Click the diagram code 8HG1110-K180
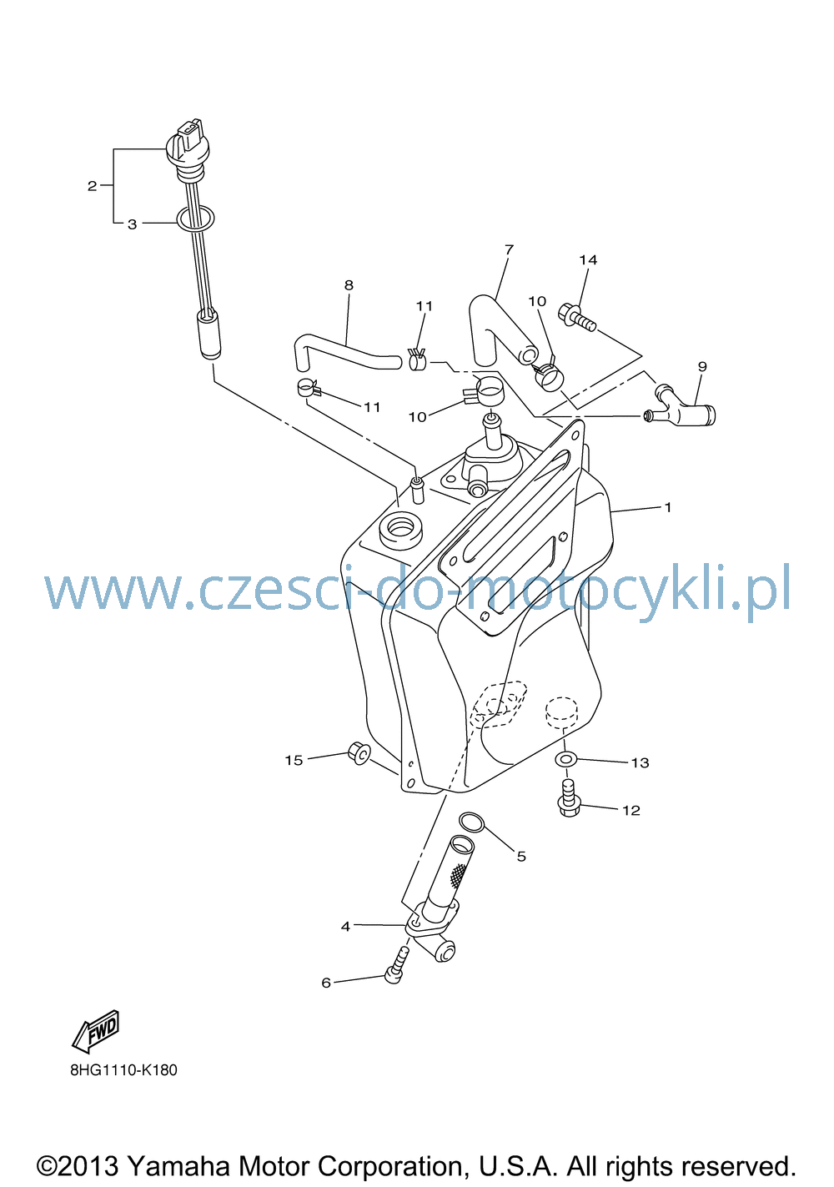coord(124,1070)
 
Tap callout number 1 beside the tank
coord(668,507)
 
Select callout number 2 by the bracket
coord(93,186)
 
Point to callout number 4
coord(345,926)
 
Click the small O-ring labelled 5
coord(471,822)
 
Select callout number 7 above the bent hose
coord(510,249)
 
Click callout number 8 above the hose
coord(349,285)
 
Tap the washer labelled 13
coord(566,759)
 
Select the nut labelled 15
coord(359,753)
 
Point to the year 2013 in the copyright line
coord(88,1166)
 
